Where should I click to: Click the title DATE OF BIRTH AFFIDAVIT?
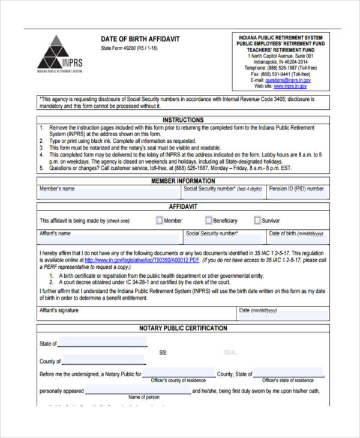coord(140,39)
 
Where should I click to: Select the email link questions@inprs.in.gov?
coord(287,80)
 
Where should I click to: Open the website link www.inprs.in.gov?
coord(292,86)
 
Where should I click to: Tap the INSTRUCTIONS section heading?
coord(183,120)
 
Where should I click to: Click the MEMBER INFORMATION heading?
coord(183,181)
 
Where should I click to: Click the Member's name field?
coord(108,193)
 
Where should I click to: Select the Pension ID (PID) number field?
coord(298,193)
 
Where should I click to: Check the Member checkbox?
coord(159,220)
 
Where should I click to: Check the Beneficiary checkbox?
coord(209,220)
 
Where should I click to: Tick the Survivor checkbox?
coord(257,220)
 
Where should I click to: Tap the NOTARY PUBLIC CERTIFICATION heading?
coord(183,328)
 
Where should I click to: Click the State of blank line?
coord(103,343)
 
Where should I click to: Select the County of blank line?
coord(104,361)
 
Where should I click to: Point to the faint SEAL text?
coord(230,352)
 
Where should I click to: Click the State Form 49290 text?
coord(129,48)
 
